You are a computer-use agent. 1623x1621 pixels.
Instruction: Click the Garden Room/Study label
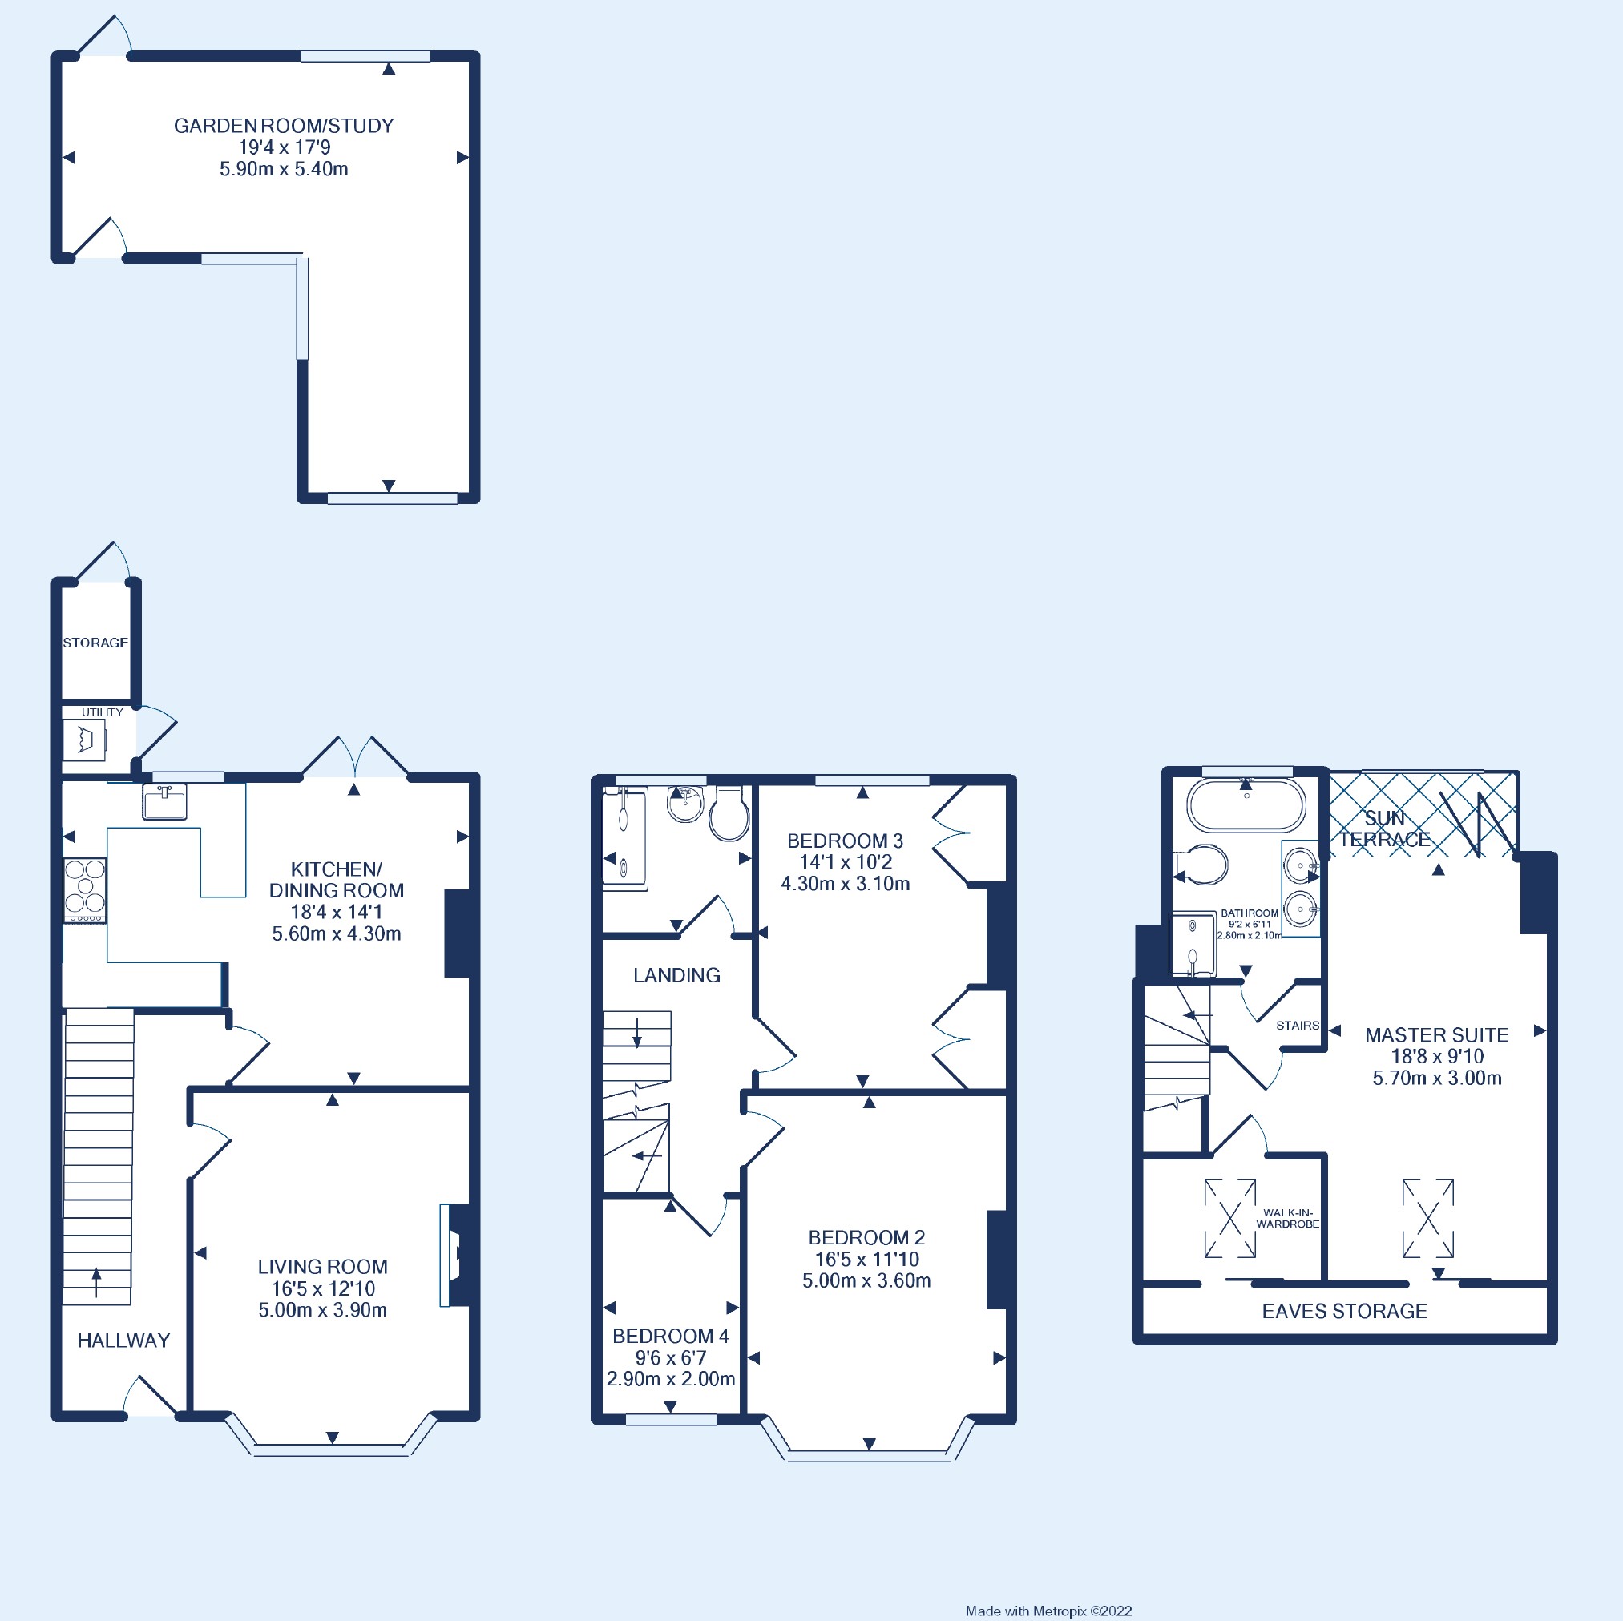click(x=283, y=126)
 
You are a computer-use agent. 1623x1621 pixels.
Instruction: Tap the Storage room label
click(x=95, y=643)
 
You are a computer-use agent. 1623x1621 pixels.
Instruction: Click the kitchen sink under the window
click(x=164, y=803)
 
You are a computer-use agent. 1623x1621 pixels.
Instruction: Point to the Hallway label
click(x=123, y=1341)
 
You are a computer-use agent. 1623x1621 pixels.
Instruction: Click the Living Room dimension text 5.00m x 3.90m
click(x=322, y=1310)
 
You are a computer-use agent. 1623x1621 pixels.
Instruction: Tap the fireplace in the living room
click(x=454, y=1256)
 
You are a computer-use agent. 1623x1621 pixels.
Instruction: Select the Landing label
click(x=676, y=975)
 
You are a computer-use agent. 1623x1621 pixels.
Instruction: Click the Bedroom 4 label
click(x=670, y=1337)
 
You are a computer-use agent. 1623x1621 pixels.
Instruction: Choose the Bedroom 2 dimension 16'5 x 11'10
click(x=866, y=1259)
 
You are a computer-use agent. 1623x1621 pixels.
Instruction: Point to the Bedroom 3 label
click(x=844, y=841)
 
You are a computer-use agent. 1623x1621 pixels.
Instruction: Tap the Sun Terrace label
click(x=1383, y=829)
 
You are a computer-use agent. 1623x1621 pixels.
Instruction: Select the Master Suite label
click(x=1435, y=1034)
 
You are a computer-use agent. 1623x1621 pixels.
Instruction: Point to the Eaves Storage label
click(x=1344, y=1311)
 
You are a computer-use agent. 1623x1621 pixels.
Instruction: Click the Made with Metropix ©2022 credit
click(x=1048, y=1611)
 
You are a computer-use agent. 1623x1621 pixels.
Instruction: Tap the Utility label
click(x=103, y=712)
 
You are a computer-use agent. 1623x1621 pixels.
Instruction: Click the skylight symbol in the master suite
click(x=1427, y=1219)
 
